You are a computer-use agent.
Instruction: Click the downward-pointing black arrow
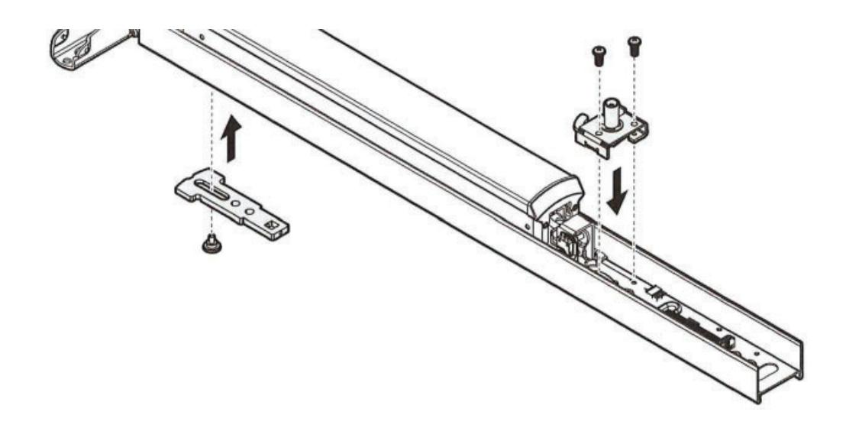619,192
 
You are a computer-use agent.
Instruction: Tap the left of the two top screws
598,53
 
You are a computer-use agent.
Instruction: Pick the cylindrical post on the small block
611,112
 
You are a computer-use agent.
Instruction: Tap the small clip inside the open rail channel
652,291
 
